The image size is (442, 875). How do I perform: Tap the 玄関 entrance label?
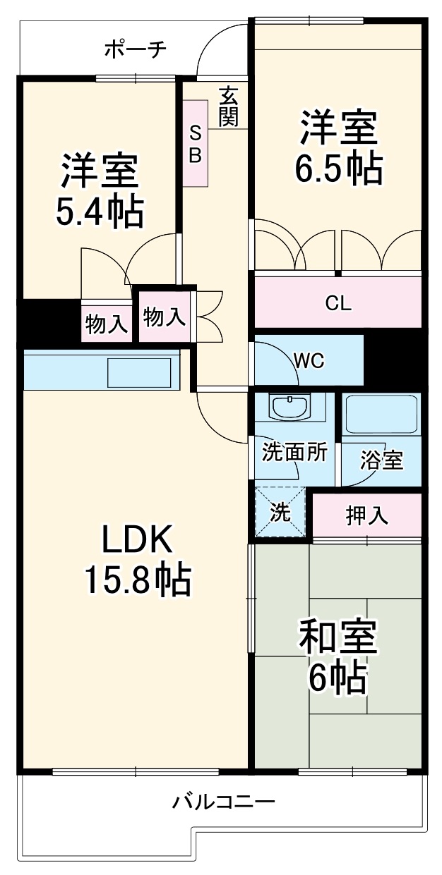[227, 106]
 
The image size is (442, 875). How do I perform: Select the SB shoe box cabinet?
[196, 143]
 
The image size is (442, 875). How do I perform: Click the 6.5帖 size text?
[338, 168]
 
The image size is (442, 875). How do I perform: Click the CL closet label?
[338, 303]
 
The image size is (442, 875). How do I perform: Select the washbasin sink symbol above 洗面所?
[288, 408]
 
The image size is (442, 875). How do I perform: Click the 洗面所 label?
[294, 452]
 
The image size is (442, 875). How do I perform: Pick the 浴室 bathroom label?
[381, 460]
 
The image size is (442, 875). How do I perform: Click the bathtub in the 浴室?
[382, 415]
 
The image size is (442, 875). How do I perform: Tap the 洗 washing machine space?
[280, 513]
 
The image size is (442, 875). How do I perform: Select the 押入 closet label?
[366, 515]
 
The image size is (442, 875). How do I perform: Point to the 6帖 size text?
[338, 678]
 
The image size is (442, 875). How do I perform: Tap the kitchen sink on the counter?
[139, 371]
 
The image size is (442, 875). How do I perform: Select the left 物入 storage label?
[107, 324]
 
